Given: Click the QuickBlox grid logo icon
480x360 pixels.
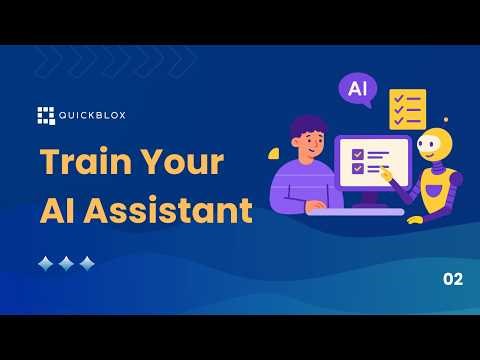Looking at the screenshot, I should (45, 114).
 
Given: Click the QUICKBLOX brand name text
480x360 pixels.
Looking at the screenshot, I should (91, 114).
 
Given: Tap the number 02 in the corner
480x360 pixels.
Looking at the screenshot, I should (452, 280).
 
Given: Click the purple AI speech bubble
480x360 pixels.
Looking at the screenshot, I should (357, 88).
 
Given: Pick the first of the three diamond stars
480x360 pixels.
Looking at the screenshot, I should (45, 264).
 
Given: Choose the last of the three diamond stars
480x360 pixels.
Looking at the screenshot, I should (87, 264).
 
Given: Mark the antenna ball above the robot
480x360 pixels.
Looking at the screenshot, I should (445, 120).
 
